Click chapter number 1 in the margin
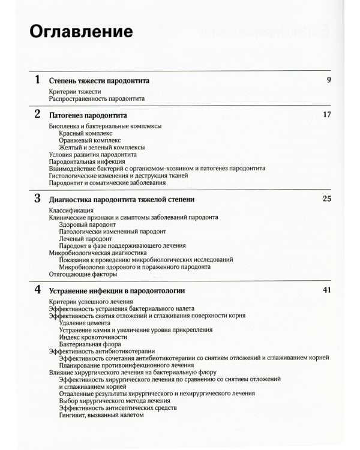(38, 80)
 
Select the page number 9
(329, 80)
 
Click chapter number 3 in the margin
(38, 198)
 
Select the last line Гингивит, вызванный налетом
(102, 415)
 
